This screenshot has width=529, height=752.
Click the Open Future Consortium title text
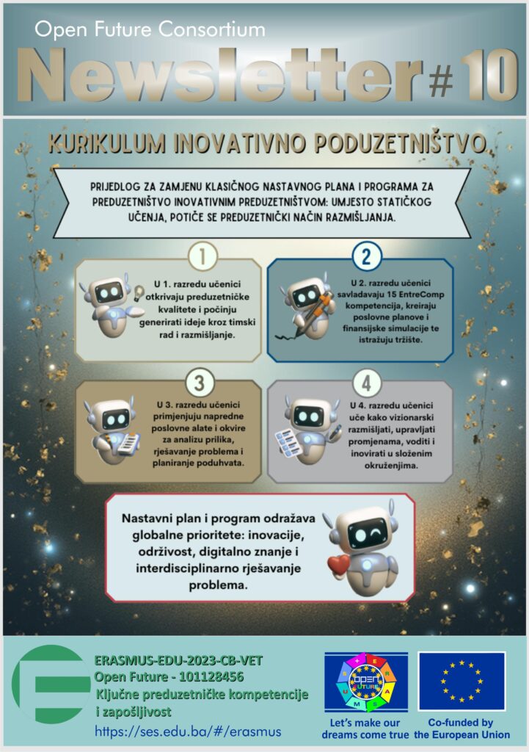pyautogui.click(x=150, y=29)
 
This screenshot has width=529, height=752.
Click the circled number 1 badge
pyautogui.click(x=203, y=256)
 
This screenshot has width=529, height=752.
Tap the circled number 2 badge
pyautogui.click(x=367, y=256)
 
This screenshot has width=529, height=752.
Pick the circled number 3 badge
pyautogui.click(x=200, y=383)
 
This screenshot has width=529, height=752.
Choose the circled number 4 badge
pyautogui.click(x=367, y=383)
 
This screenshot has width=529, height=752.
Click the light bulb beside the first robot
pyautogui.click(x=139, y=292)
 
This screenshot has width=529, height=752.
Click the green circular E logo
pyautogui.click(x=51, y=684)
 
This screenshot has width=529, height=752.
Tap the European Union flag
pyautogui.click(x=461, y=681)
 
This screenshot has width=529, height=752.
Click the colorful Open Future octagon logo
pyautogui.click(x=367, y=681)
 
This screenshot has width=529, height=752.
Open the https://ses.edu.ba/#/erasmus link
pyautogui.click(x=188, y=731)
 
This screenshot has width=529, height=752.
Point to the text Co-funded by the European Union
pyautogui.click(x=461, y=728)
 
